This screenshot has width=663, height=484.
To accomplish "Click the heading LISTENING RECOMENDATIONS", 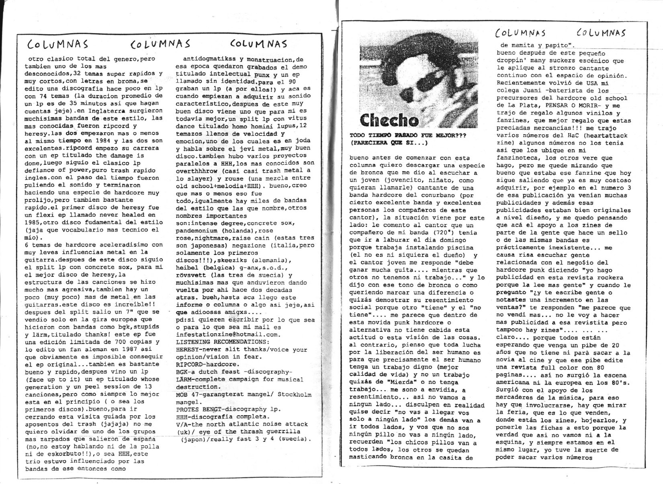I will [223, 342].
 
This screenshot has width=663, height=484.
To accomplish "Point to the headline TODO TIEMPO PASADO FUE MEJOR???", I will [408, 136].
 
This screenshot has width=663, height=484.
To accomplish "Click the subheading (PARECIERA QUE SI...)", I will [389, 143].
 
